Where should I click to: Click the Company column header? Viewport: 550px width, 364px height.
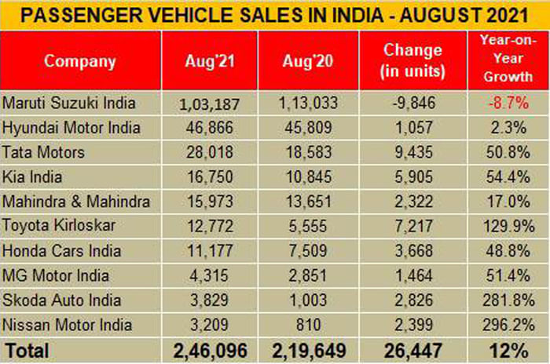pyautogui.click(x=79, y=61)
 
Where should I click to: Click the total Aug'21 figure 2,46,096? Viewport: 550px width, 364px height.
pyautogui.click(x=209, y=348)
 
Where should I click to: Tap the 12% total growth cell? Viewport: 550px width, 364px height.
pyautogui.click(x=504, y=348)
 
